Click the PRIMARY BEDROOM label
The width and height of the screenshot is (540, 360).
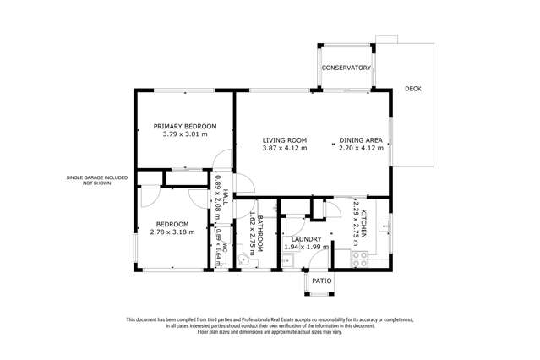pyautogui.click(x=184, y=126)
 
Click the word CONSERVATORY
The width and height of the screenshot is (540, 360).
pyautogui.click(x=346, y=68)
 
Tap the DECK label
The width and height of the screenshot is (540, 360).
pyautogui.click(x=412, y=89)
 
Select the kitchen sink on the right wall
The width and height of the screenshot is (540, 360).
pyautogui.click(x=383, y=226)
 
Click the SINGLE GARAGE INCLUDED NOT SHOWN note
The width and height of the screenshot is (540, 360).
pyautogui.click(x=97, y=180)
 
